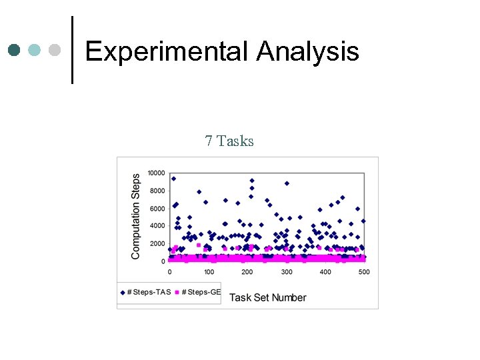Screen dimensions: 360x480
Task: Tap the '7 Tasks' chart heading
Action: point(229,141)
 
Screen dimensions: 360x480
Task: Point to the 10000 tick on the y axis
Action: point(156,173)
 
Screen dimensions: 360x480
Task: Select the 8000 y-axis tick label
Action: point(157,191)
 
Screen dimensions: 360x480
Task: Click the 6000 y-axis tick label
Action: point(157,209)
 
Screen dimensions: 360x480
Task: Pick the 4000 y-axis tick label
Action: point(157,226)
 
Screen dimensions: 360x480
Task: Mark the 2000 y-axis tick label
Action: point(157,244)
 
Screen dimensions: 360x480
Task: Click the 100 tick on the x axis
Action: point(209,272)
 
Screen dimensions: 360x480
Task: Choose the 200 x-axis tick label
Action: point(247,272)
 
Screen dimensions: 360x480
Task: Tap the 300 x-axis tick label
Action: point(287,272)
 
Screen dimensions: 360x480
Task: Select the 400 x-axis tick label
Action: point(325,272)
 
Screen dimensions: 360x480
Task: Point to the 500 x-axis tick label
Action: point(364,272)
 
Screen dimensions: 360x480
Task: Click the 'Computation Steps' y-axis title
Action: point(136,217)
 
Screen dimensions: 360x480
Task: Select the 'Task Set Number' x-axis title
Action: point(267,297)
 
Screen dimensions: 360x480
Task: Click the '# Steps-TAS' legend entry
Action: point(145,292)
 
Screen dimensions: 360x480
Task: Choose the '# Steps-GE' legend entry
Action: point(198,292)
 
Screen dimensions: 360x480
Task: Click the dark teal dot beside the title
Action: point(14,50)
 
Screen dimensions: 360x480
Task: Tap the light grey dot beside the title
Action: point(55,50)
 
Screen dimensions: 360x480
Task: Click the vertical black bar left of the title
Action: point(72,50)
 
